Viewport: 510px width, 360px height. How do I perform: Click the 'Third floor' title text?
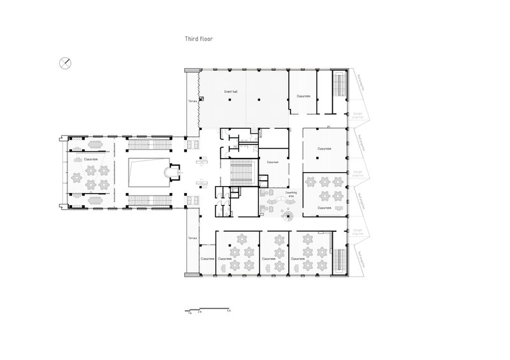[195, 39]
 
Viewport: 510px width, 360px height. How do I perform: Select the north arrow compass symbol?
[65, 62]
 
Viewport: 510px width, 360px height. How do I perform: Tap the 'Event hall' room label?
[231, 92]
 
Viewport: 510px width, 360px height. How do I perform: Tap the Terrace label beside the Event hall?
[191, 101]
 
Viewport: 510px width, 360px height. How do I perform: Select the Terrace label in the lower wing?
[191, 238]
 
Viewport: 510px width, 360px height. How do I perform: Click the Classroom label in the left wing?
[91, 159]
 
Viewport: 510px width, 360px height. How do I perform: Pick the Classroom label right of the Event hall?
[303, 96]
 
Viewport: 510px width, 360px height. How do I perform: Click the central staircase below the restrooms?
[241, 172]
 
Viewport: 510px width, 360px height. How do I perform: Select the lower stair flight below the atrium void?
[149, 201]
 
